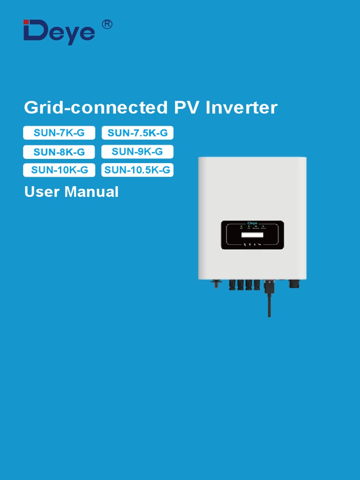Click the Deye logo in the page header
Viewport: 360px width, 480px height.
(x=59, y=32)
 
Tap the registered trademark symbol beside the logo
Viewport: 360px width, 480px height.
(x=107, y=24)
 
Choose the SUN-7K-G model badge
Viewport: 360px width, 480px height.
(x=59, y=133)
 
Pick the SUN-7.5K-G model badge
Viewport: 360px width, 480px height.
(x=137, y=133)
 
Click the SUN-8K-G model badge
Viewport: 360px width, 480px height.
(x=59, y=152)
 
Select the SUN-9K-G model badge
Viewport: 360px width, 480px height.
(x=137, y=151)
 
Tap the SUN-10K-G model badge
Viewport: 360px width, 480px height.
(x=59, y=170)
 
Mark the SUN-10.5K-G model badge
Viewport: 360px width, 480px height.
(x=137, y=170)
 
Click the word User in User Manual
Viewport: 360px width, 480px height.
(x=42, y=192)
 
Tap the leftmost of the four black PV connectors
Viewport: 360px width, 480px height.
(x=232, y=285)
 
